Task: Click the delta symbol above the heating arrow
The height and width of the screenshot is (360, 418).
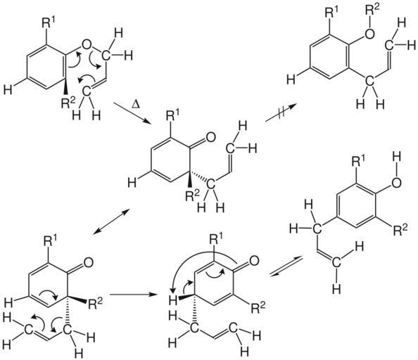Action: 136,105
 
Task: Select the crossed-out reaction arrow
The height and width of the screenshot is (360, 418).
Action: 281,113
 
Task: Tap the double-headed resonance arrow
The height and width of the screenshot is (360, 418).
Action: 112,222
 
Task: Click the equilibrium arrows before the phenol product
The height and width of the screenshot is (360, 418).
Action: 286,266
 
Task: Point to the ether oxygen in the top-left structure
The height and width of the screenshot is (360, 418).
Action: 87,44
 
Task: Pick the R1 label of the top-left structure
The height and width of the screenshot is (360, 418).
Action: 49,23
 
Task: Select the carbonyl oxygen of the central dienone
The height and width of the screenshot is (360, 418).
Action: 210,137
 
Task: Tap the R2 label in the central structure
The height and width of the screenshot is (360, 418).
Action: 193,195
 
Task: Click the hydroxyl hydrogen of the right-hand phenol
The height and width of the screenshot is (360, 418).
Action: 397,161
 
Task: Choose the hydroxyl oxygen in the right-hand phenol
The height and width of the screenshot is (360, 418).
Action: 396,183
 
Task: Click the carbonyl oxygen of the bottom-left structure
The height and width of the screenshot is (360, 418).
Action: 88,262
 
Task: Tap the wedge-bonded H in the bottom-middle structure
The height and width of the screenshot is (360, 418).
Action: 173,301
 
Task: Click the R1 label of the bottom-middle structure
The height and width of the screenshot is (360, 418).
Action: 217,239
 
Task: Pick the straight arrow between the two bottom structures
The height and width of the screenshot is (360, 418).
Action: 133,295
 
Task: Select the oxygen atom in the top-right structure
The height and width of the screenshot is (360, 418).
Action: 370,34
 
